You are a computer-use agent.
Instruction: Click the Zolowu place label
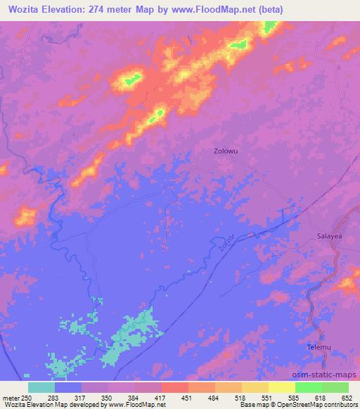point(226,150)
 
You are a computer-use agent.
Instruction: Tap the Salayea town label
point(329,237)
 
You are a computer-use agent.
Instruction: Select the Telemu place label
point(319,347)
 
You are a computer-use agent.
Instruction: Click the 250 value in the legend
point(27,397)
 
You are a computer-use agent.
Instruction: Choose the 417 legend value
point(160,397)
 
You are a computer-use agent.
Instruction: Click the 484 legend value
point(214,397)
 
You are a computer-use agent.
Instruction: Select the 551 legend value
point(267,397)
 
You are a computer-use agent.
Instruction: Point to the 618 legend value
point(321,397)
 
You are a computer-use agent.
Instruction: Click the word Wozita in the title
point(22,9)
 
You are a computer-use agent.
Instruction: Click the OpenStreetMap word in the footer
point(295,405)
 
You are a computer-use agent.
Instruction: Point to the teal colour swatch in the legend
point(41,387)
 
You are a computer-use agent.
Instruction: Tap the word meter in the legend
point(10,397)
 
